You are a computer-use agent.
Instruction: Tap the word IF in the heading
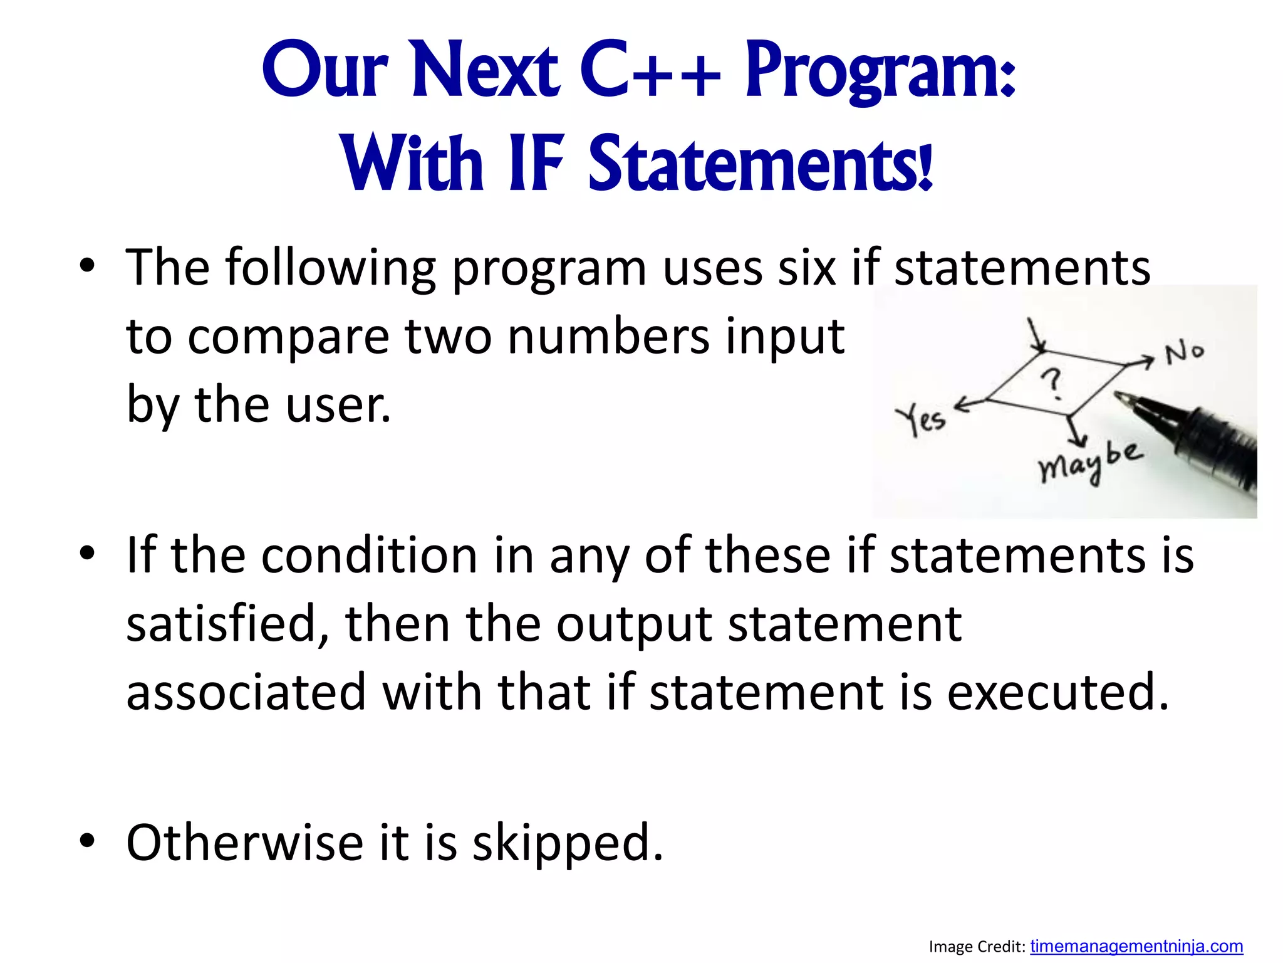pos(536,164)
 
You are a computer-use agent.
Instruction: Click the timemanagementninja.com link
pos(1136,945)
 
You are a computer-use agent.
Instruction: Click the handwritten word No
pos(1183,353)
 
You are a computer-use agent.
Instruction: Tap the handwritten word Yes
pos(919,419)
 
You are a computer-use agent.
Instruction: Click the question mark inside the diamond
pos(1053,384)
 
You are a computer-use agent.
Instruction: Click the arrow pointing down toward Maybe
pos(1077,433)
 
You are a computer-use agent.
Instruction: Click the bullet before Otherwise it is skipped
pos(87,840)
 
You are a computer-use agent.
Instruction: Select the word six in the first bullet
pos(806,268)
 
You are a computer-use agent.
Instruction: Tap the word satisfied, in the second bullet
pos(228,624)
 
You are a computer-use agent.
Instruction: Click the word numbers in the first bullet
pos(608,337)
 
